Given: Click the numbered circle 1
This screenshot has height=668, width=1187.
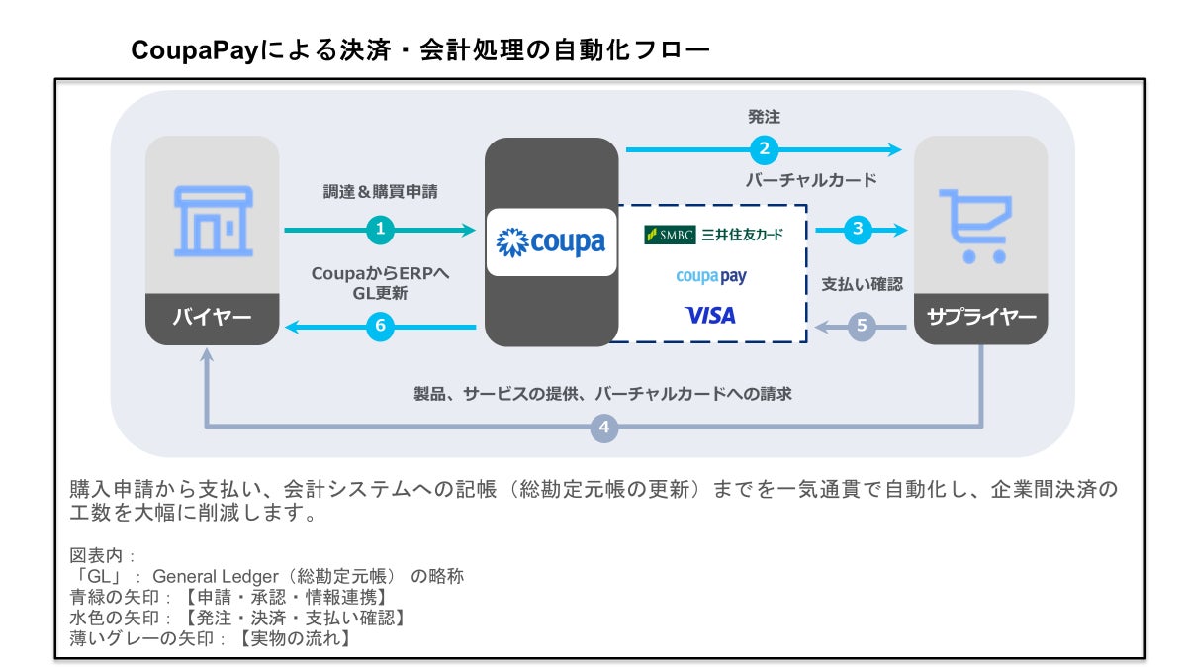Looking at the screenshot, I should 381,230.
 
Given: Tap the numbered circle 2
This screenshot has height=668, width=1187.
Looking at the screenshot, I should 763,149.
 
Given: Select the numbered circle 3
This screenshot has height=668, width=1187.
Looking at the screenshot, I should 858,229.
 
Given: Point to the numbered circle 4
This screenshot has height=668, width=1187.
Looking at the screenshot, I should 605,429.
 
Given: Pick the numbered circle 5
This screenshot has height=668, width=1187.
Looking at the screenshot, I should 862,326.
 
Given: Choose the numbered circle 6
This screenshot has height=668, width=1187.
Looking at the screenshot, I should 381,327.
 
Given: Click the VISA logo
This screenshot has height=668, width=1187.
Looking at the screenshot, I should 710,316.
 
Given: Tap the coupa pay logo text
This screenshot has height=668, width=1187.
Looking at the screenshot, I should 710,276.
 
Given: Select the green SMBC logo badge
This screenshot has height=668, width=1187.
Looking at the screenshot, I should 670,235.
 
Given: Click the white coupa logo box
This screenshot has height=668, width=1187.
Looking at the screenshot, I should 551,242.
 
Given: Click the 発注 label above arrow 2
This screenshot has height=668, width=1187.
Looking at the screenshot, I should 764,117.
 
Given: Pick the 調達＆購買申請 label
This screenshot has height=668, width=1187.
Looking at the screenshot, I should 380,192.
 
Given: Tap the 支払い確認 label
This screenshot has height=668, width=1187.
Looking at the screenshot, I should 862,284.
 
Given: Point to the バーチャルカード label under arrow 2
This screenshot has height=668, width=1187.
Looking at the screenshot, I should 810,181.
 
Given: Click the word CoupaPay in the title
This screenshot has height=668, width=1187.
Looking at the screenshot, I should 195,49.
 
